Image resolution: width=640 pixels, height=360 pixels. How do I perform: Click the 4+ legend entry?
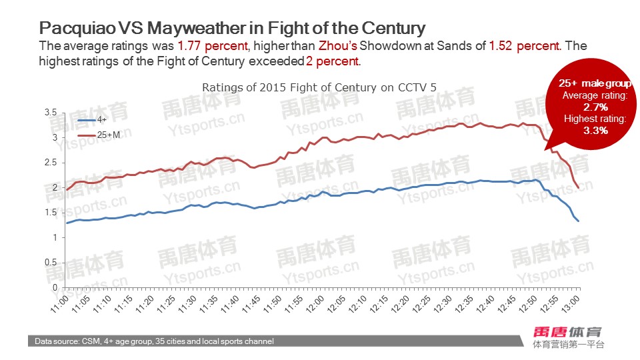point(102,120)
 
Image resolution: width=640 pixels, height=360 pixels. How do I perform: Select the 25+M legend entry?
point(108,135)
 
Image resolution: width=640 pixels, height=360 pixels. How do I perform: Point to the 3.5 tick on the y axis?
point(49,113)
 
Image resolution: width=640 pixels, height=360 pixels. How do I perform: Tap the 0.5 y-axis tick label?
point(49,262)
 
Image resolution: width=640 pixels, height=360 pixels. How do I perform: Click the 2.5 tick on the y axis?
point(49,163)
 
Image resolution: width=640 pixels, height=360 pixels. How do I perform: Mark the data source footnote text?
point(155,341)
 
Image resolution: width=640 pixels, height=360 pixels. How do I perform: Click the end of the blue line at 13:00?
point(578,221)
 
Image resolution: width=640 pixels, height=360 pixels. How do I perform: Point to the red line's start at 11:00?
point(67,190)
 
